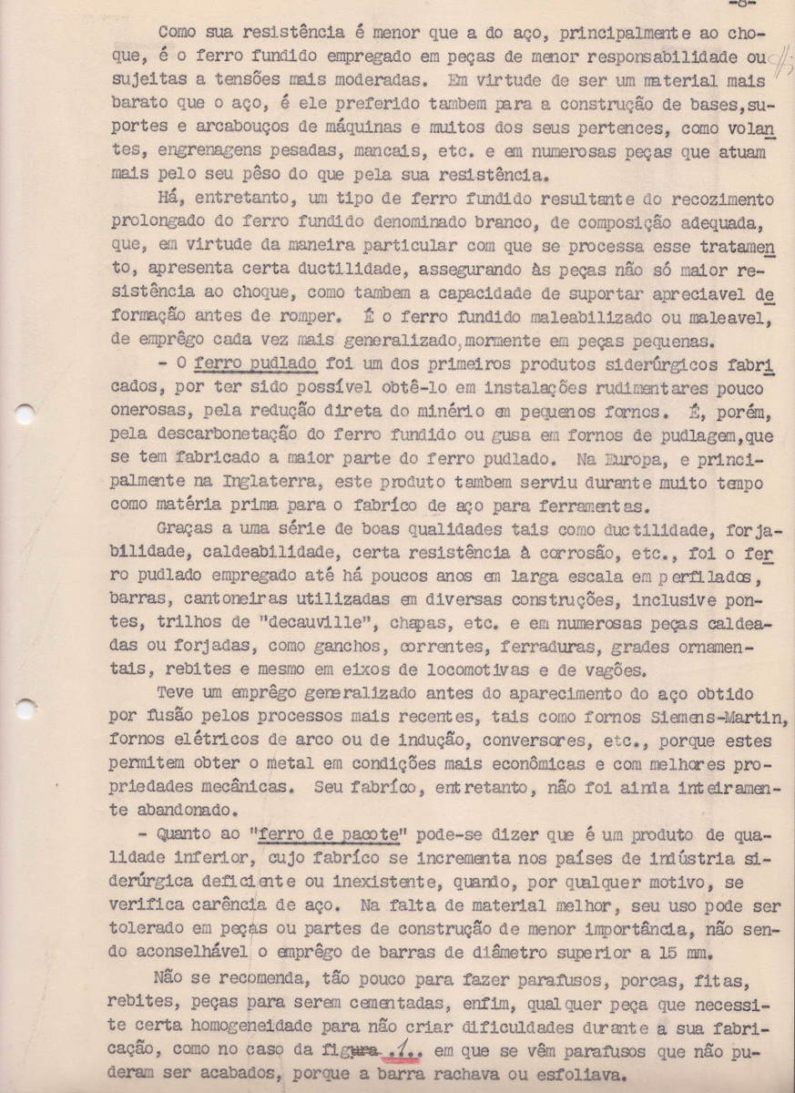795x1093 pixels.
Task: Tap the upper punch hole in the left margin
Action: [25, 414]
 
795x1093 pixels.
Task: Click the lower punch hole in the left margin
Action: [25, 708]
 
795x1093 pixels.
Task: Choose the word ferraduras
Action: [561, 647]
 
